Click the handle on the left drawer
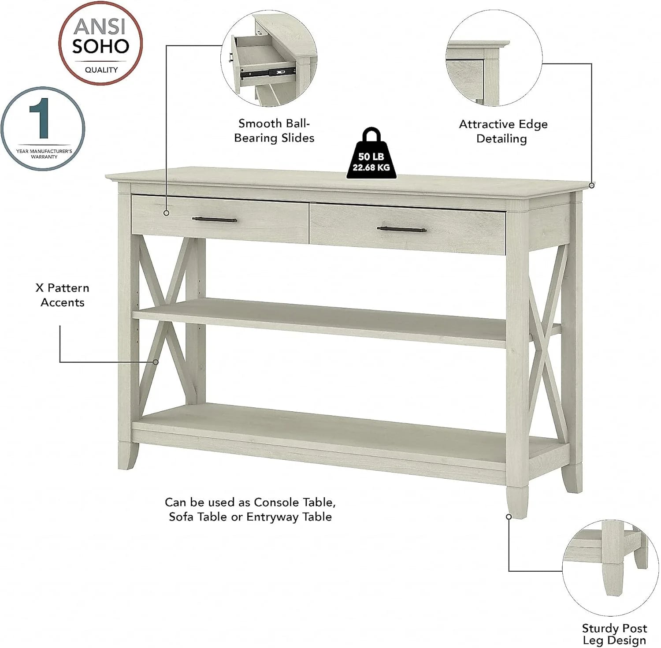(x=215, y=220)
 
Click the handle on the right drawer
(x=402, y=229)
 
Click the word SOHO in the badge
(x=101, y=46)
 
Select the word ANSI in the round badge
(x=100, y=26)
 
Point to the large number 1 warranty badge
(x=42, y=129)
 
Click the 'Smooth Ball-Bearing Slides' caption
(x=274, y=130)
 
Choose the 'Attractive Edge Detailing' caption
(x=503, y=131)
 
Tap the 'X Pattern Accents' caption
(x=63, y=295)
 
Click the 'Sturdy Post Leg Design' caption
(x=614, y=634)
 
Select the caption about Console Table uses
(x=250, y=509)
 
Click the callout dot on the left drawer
(x=166, y=213)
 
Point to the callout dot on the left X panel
(x=156, y=362)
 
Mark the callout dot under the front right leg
(x=509, y=516)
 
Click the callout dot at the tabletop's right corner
(x=591, y=186)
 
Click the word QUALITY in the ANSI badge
(x=101, y=70)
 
